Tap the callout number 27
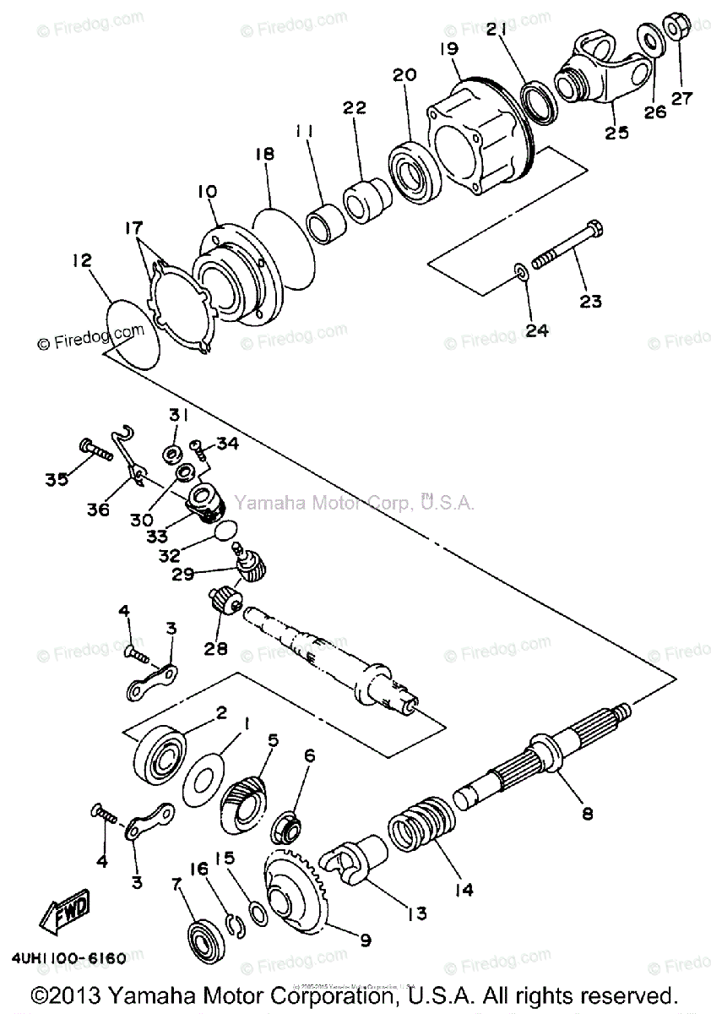click(x=681, y=98)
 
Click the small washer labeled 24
click(x=521, y=273)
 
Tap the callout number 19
click(x=448, y=48)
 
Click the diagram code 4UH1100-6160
click(x=69, y=958)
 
